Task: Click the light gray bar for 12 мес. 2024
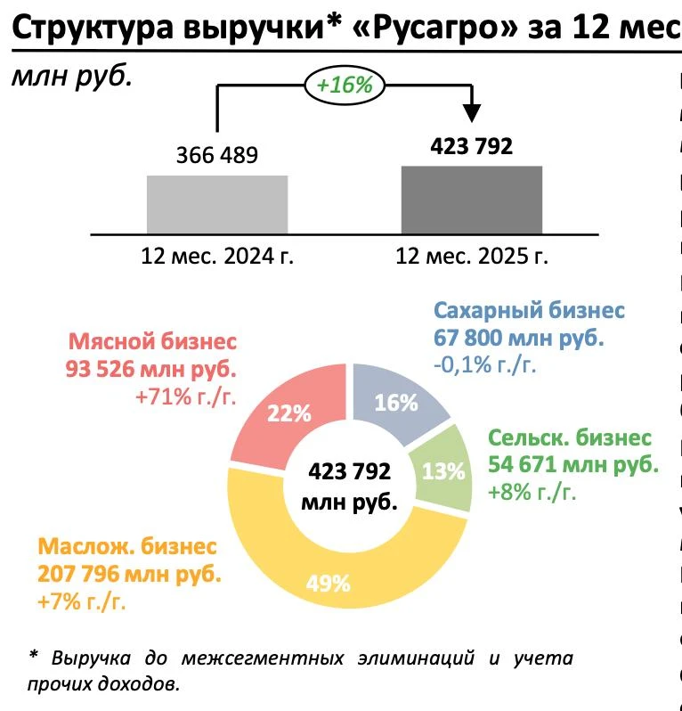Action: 217,203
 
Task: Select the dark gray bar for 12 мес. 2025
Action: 472,199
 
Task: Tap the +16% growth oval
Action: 345,86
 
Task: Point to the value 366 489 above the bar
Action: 217,156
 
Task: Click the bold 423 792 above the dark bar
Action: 471,146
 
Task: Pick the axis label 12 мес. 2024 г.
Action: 217,257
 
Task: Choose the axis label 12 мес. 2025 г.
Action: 472,257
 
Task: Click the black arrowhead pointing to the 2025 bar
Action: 472,113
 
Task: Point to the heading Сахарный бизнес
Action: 530,312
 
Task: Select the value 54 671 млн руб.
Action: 573,464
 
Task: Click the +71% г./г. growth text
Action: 186,397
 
